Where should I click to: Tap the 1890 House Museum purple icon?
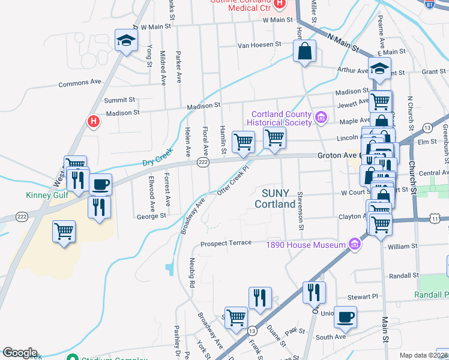(355, 244)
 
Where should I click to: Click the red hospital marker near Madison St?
(93, 122)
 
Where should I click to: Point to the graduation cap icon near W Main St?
(126, 41)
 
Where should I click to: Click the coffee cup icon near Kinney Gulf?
(101, 184)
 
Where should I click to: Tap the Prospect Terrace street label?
(226, 244)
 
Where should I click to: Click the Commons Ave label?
(80, 83)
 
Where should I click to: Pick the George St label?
(151, 216)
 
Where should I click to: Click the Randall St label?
(403, 275)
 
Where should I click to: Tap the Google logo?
(20, 353)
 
